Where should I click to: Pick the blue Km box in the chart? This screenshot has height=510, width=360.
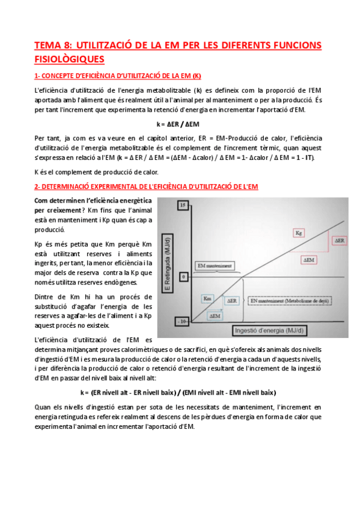point(207,298)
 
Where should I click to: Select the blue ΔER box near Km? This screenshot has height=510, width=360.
point(233,300)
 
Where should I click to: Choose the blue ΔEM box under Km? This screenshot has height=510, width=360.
point(214,315)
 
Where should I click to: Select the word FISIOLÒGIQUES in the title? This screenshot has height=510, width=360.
point(69,59)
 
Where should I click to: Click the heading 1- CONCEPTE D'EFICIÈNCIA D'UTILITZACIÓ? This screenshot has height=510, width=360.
point(118,76)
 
